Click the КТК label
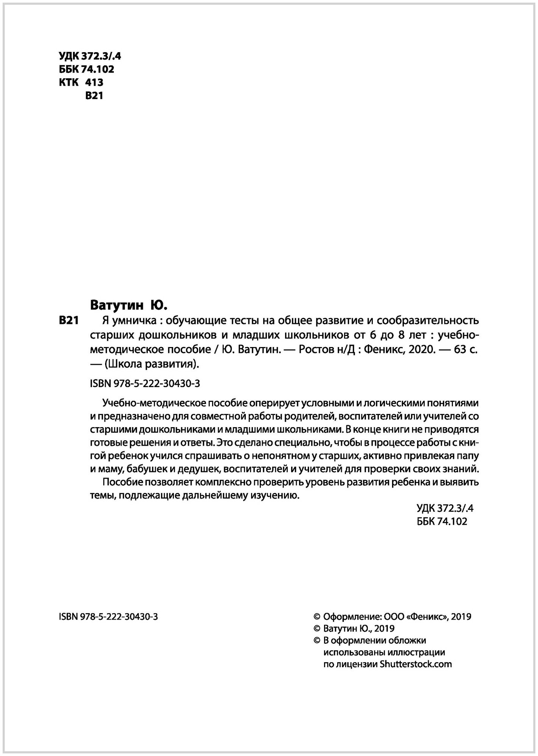click(68, 82)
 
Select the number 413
click(95, 82)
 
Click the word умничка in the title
click(133, 321)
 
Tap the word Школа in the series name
click(123, 365)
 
